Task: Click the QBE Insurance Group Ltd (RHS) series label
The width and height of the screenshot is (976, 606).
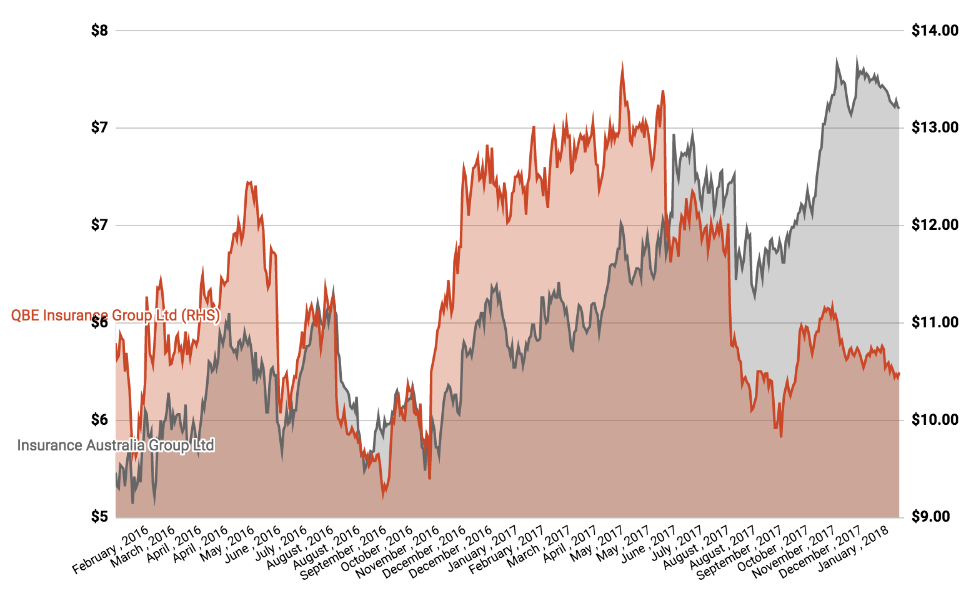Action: pyautogui.click(x=116, y=315)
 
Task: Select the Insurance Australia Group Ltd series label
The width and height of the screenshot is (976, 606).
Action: pyautogui.click(x=116, y=445)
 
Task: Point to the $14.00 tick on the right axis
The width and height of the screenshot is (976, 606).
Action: pyautogui.click(x=934, y=31)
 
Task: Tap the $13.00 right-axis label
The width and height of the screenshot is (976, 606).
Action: pyautogui.click(x=934, y=128)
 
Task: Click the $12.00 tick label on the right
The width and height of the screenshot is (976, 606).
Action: pyautogui.click(x=934, y=226)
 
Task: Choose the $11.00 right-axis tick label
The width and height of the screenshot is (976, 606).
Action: pyautogui.click(x=934, y=323)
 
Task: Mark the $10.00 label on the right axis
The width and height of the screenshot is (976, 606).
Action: pyautogui.click(x=934, y=420)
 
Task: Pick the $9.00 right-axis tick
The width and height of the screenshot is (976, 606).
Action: pyautogui.click(x=934, y=517)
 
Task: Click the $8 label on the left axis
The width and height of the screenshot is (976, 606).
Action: pyautogui.click(x=99, y=31)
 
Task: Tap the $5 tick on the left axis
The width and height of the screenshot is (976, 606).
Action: pyautogui.click(x=99, y=517)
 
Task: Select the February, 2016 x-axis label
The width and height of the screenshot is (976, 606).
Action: pyautogui.click(x=111, y=550)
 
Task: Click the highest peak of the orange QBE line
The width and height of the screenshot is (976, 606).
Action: pyautogui.click(x=622, y=63)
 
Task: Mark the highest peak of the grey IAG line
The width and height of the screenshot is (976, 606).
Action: pyautogui.click(x=856, y=57)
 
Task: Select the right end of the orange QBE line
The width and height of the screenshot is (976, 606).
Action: pyautogui.click(x=899, y=374)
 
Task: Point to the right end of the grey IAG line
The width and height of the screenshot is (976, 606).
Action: pyautogui.click(x=899, y=108)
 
